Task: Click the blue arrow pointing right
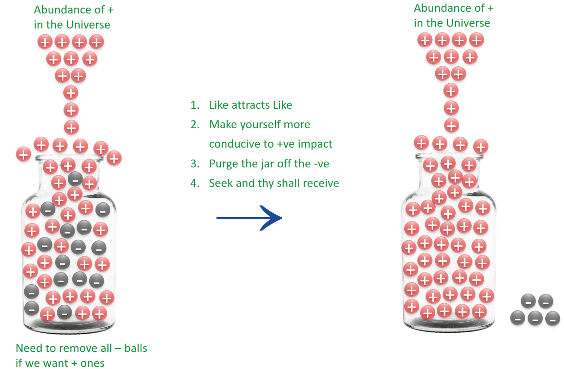point(249,218)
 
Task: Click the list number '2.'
point(195,125)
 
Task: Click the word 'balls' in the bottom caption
point(136,349)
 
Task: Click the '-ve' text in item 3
point(321,164)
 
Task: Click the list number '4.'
point(195,183)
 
